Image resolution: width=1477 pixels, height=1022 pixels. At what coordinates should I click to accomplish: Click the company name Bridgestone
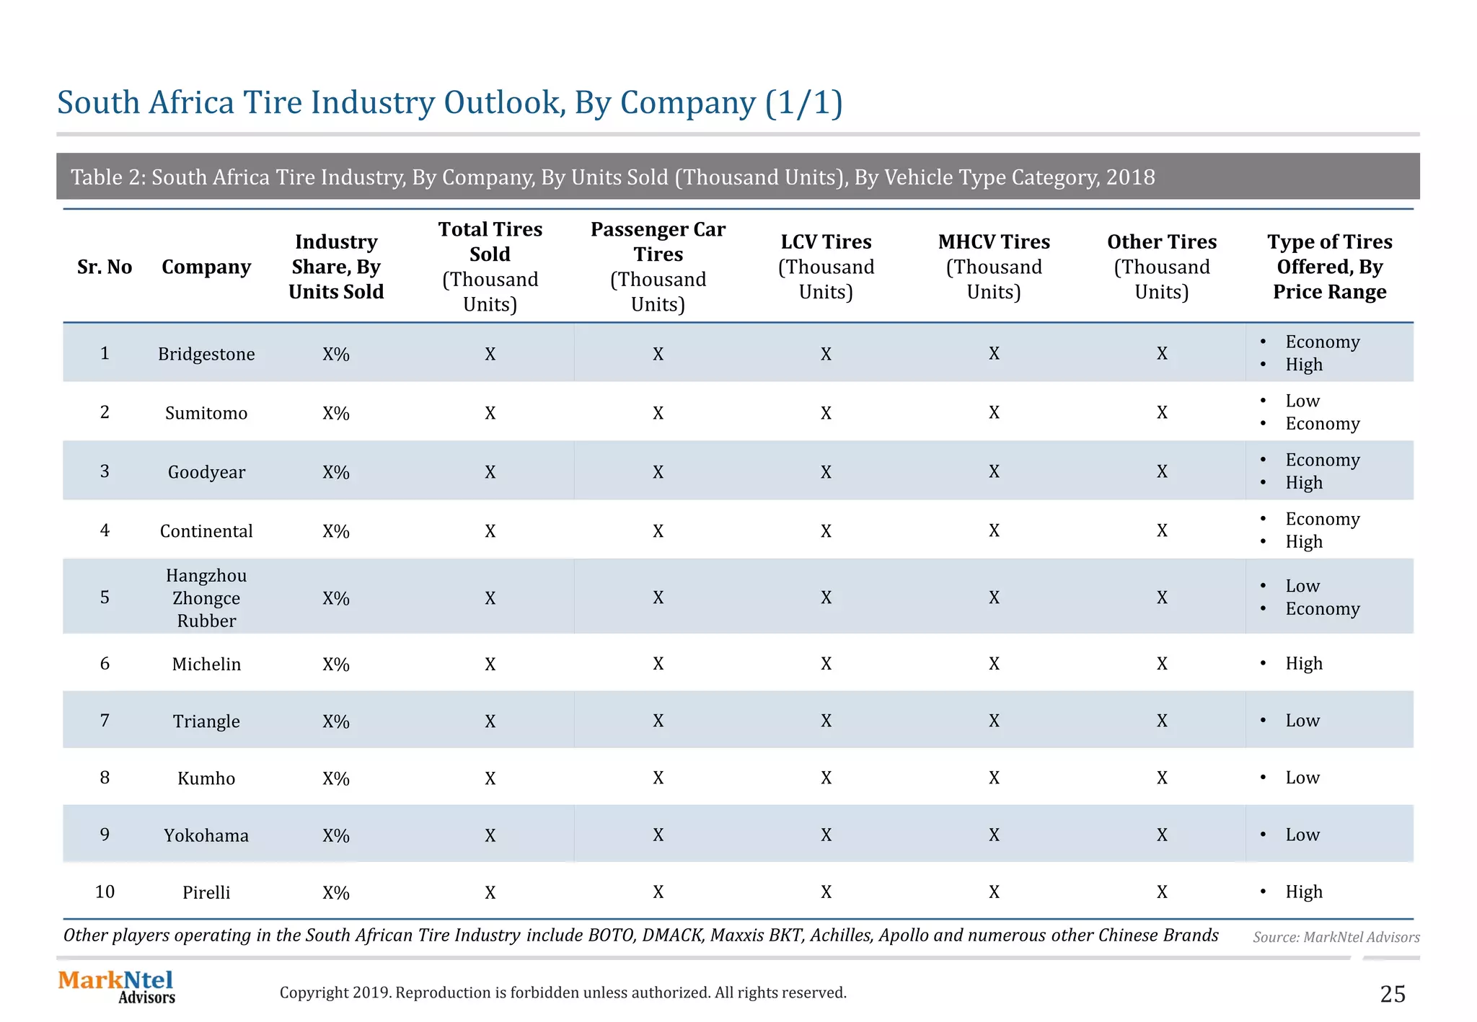pos(206,354)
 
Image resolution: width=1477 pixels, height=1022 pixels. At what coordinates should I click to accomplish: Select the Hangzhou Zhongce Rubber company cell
pos(206,597)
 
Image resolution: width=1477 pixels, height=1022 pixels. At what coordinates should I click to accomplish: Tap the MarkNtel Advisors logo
pos(116,987)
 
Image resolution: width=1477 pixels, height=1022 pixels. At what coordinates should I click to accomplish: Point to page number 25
pos(1392,994)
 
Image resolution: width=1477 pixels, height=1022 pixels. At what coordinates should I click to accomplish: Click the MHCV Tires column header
pos(993,266)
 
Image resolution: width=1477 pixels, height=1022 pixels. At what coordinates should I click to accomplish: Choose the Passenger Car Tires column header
pos(658,266)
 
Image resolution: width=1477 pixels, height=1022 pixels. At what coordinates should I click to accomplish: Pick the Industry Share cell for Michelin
pos(335,664)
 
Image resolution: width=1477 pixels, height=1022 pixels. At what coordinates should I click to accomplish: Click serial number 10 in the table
pos(105,892)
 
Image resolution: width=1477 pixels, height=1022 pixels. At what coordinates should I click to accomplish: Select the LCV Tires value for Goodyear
pos(826,472)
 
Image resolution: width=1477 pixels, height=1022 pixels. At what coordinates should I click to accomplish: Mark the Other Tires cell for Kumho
pos(1161,778)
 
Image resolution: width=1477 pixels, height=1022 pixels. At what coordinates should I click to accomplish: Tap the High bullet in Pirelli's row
pos(1303,892)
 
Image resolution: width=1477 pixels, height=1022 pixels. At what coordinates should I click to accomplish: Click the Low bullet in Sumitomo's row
pos(1302,401)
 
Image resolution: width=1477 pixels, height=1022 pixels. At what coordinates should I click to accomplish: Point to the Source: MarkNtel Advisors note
pos(1336,937)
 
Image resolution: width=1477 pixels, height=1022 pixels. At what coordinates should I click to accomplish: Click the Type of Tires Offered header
pos(1329,266)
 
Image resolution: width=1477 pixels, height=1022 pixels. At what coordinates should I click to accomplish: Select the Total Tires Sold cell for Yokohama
pos(490,835)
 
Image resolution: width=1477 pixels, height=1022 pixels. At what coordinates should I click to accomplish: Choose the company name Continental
pos(206,531)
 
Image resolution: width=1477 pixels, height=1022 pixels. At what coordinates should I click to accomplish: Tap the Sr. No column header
pos(105,267)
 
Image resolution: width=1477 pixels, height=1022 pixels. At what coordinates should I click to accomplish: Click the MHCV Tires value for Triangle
pos(993,721)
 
